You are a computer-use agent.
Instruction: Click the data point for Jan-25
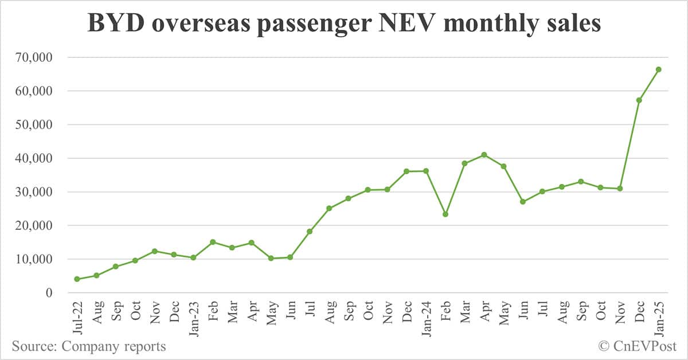[659, 69]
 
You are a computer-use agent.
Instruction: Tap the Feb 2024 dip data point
[445, 214]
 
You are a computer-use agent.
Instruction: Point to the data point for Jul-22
[77, 279]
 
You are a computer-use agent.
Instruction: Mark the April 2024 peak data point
[484, 155]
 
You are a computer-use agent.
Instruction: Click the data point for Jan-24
[426, 171]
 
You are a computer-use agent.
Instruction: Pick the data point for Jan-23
[193, 258]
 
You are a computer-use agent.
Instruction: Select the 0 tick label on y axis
[49, 293]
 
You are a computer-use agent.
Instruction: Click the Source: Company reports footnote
[89, 346]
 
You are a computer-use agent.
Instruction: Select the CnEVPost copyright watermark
[638, 346]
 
